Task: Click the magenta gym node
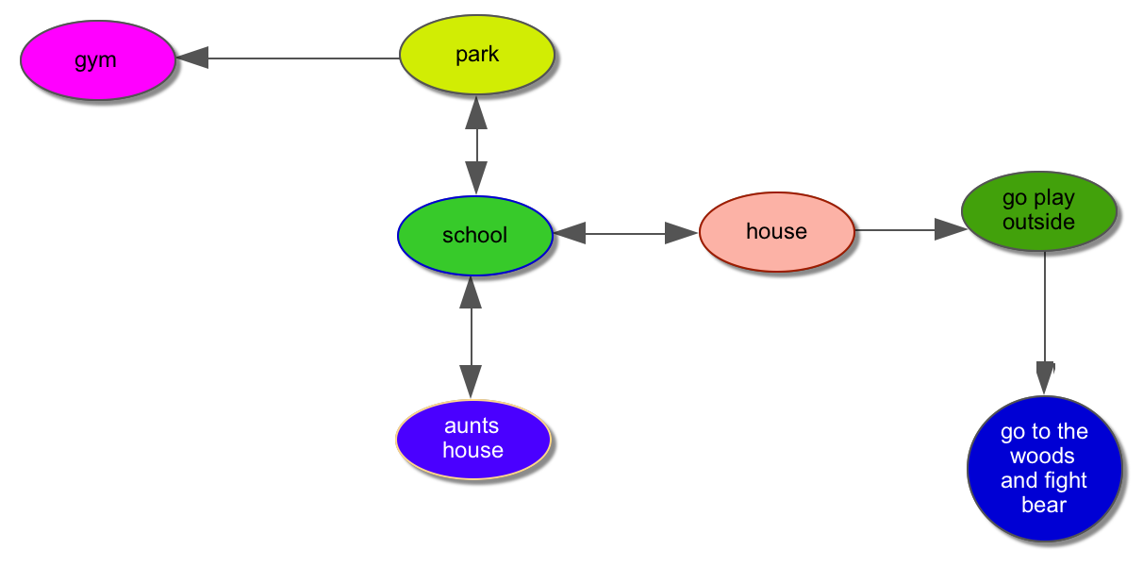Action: pyautogui.click(x=98, y=59)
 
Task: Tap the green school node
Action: pyautogui.click(x=474, y=235)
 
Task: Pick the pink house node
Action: pyautogui.click(x=776, y=231)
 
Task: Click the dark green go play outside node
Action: pyautogui.click(x=1038, y=211)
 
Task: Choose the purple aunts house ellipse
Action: pyautogui.click(x=472, y=439)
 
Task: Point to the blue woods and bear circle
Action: pyautogui.click(x=1044, y=469)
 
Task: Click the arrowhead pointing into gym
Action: pyautogui.click(x=193, y=58)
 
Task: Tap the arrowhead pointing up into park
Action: pyautogui.click(x=476, y=113)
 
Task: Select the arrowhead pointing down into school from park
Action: pyautogui.click(x=476, y=177)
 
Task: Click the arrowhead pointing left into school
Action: pyautogui.click(x=571, y=232)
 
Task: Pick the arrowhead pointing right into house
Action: pyautogui.click(x=681, y=233)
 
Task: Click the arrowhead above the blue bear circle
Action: pyautogui.click(x=1045, y=376)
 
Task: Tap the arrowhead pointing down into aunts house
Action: pyautogui.click(x=471, y=382)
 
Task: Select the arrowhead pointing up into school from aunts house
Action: pyautogui.click(x=471, y=293)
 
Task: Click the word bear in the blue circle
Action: pyautogui.click(x=1044, y=505)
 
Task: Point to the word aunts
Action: pyautogui.click(x=472, y=426)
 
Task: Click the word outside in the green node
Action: pyautogui.click(x=1038, y=223)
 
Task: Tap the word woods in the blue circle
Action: pyautogui.click(x=1042, y=456)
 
